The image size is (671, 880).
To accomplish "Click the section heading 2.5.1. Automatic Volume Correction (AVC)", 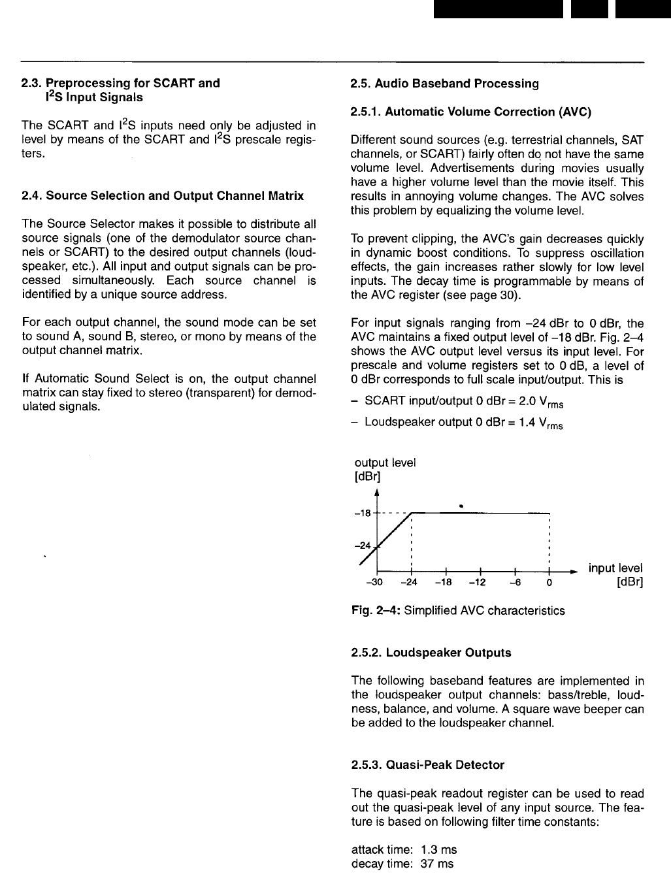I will point(470,112).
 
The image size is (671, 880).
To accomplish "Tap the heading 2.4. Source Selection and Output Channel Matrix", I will point(163,195).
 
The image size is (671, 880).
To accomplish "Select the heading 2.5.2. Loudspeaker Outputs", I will point(431,653).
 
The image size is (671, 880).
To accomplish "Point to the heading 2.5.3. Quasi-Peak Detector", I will point(427,764).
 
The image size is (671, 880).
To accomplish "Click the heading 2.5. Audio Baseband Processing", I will point(444,84).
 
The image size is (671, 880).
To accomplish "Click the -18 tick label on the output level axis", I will point(362,513).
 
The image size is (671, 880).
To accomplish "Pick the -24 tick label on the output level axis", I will point(362,545).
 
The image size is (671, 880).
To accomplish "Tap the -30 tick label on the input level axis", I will point(374,583).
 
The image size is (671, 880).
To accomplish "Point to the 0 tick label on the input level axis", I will point(550,583).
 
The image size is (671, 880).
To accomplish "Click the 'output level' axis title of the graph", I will point(385,463).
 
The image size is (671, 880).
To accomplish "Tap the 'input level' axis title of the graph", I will point(615,568).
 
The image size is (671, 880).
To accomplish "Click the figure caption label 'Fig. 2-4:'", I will point(376,611).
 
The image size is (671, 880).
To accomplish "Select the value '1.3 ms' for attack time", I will point(439,849).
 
